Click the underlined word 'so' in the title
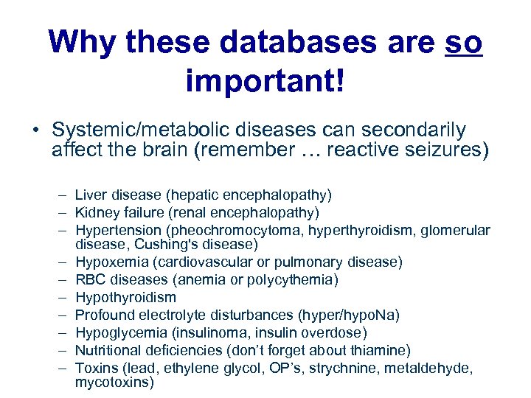[x=464, y=43]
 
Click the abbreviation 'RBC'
[x=91, y=279]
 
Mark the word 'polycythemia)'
[x=299, y=279]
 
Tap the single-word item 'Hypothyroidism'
[x=125, y=297]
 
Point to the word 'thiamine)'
[x=382, y=350]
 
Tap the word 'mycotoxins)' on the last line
[x=114, y=383]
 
